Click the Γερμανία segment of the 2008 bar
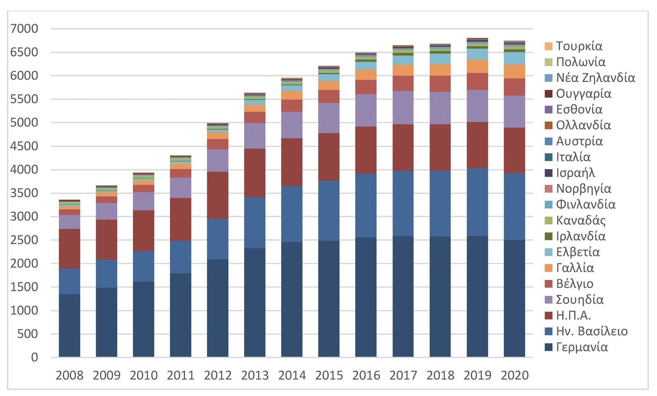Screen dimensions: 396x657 point(69,325)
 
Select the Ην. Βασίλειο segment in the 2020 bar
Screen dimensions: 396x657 point(514,207)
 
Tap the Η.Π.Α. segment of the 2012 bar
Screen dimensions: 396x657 point(218,195)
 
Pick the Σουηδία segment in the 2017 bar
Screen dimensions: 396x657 point(403,108)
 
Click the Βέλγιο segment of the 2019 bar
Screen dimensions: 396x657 point(477,81)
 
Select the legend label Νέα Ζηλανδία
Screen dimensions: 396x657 point(595,78)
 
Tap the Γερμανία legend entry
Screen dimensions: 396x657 point(582,347)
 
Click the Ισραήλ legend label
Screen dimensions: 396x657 point(575,173)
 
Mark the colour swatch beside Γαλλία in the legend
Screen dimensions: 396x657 point(549,268)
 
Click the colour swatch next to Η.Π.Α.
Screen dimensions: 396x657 point(549,315)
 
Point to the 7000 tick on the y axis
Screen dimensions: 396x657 point(24,28)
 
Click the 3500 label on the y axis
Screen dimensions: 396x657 point(24,193)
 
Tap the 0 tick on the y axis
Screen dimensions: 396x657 point(34,357)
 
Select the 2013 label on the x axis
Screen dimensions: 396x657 point(255,375)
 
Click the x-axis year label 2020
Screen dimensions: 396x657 point(514,375)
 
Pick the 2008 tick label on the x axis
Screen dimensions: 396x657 point(69,375)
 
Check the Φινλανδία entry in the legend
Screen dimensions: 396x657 point(586,205)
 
